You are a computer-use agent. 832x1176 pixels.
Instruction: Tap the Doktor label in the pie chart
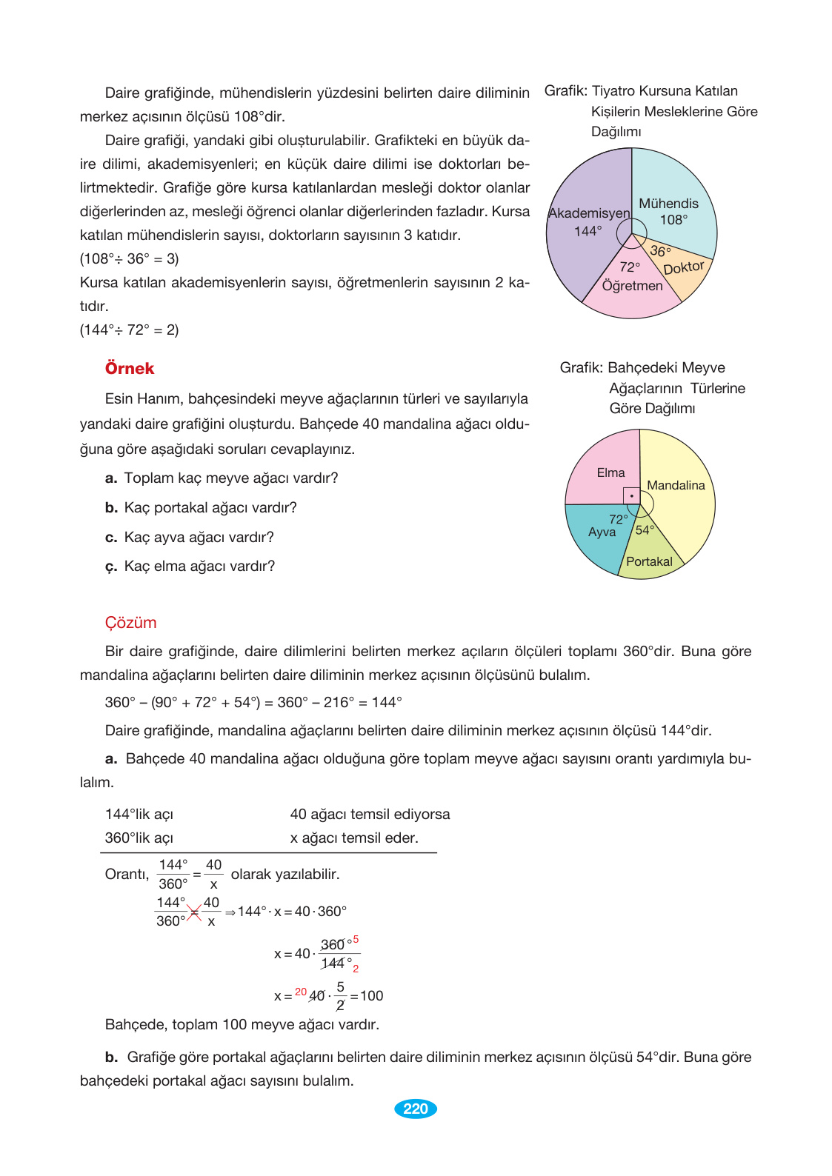coord(683,268)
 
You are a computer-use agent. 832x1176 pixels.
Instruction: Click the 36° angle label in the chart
coord(660,251)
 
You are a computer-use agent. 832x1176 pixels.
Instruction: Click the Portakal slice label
coord(649,561)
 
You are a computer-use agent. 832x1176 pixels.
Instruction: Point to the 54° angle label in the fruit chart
coord(645,529)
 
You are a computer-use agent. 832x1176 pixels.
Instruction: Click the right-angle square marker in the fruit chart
coord(631,495)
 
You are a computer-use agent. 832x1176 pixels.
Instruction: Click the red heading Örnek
coord(130,369)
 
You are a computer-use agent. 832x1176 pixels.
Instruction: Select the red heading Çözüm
coord(130,623)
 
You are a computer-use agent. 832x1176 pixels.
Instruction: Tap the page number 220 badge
coord(416,1109)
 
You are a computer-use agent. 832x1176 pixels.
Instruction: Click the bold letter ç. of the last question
coord(111,567)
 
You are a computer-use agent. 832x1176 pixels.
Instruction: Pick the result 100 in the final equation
coord(372,996)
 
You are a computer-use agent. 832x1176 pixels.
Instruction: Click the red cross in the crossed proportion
coord(194,912)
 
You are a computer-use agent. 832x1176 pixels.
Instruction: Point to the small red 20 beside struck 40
coord(301,992)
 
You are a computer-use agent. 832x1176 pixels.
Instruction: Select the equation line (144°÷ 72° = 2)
coord(130,330)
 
